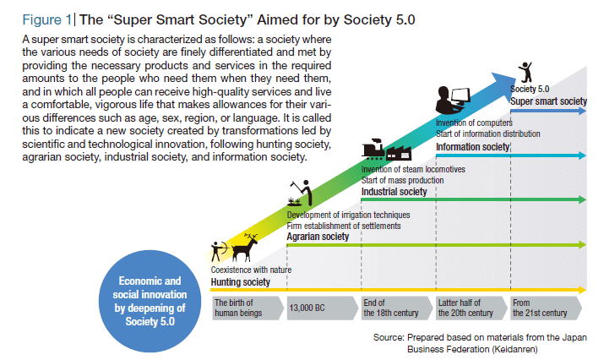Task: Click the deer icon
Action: coord(245,248)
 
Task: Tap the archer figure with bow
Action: coord(218,251)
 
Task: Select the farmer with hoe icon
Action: coord(302,193)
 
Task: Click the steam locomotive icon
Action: coord(373,149)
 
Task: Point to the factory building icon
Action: coord(399,153)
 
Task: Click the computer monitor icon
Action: coord(460,96)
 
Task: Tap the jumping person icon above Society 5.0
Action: coord(525,72)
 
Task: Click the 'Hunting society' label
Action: coord(241,282)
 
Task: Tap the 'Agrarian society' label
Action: coord(318,237)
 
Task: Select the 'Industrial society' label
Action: coord(394,192)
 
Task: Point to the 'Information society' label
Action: coord(473,147)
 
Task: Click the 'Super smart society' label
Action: coord(548,101)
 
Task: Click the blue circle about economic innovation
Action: coord(150,301)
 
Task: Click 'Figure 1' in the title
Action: coord(47,19)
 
